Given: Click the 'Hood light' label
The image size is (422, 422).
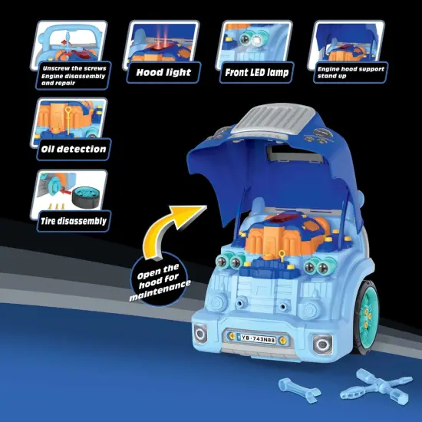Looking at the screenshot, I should coord(163,74).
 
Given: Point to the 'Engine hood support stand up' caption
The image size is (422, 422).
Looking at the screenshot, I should coord(351,72).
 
